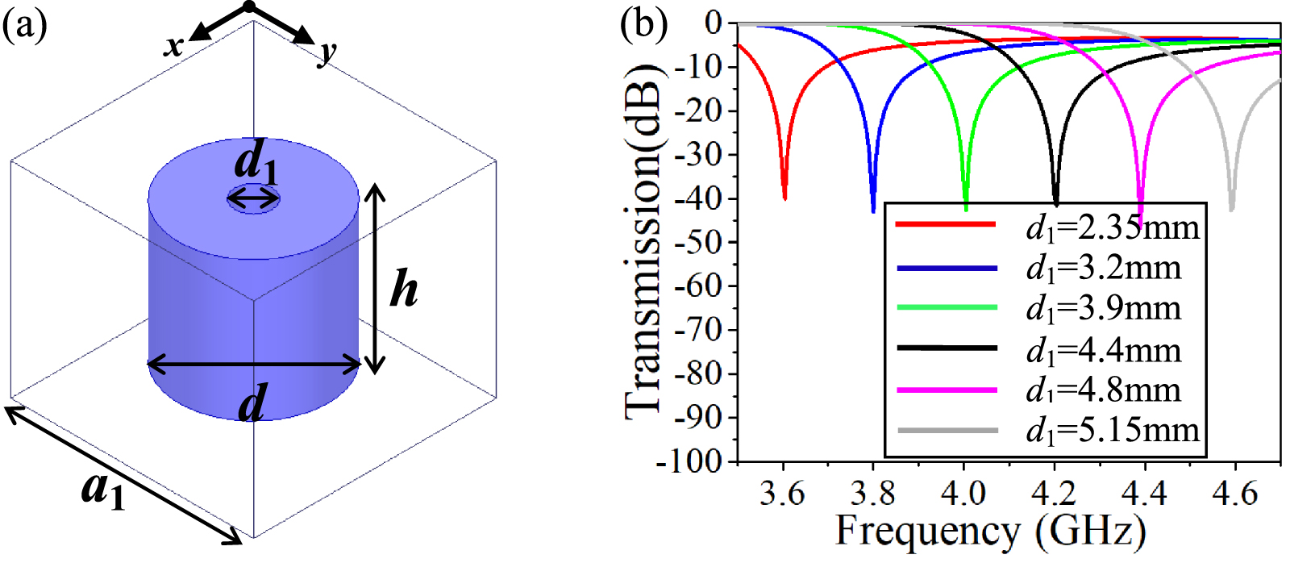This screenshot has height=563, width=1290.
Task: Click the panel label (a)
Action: pyautogui.click(x=24, y=26)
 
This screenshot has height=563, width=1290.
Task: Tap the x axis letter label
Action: pyautogui.click(x=173, y=46)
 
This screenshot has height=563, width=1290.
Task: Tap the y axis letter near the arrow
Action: pyautogui.click(x=327, y=52)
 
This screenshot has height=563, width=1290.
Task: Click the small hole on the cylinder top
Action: pyautogui.click(x=253, y=198)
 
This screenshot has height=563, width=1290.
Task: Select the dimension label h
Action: pyautogui.click(x=404, y=290)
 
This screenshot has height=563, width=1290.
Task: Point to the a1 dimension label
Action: pyautogui.click(x=103, y=490)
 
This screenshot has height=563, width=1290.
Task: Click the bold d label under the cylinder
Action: pyautogui.click(x=252, y=402)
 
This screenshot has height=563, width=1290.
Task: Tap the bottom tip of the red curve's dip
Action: pyautogui.click(x=784, y=198)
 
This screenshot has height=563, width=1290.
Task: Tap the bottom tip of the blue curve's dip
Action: pyautogui.click(x=873, y=211)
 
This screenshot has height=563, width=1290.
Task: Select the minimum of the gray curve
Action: pyautogui.click(x=1231, y=210)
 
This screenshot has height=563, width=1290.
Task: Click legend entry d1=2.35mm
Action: pyautogui.click(x=1113, y=228)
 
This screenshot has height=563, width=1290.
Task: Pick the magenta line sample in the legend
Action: pyautogui.click(x=947, y=390)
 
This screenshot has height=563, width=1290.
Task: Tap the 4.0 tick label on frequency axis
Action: pyautogui.click(x=963, y=492)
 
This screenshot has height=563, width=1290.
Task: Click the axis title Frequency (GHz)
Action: pyautogui.click(x=990, y=531)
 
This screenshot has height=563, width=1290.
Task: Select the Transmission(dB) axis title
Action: pyautogui.click(x=643, y=242)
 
